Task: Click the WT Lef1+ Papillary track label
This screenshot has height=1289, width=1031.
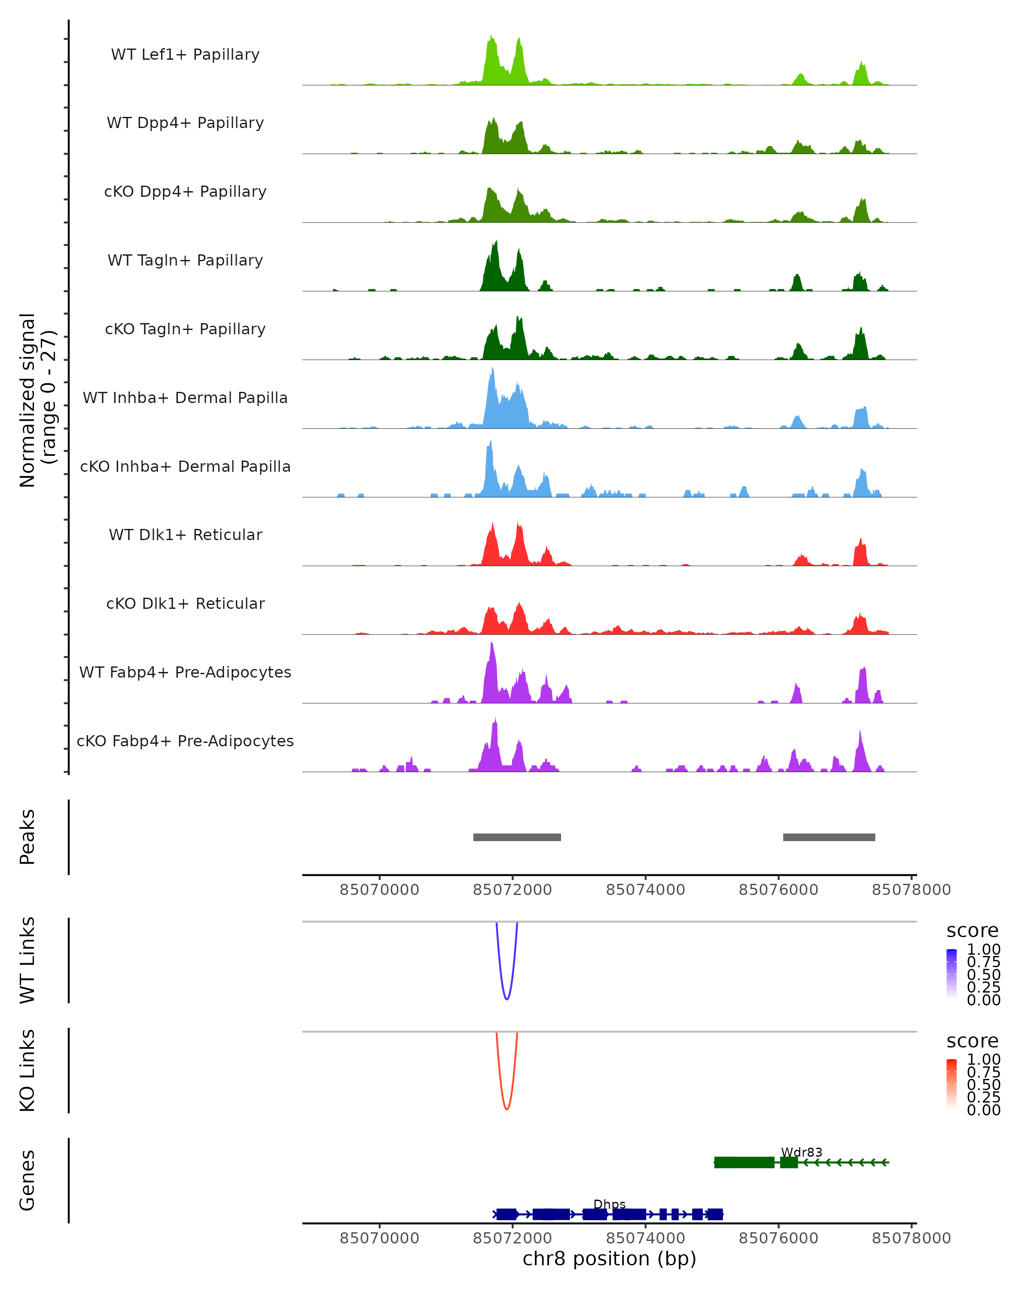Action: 185,55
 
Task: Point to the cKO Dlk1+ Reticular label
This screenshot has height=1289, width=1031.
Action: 185,603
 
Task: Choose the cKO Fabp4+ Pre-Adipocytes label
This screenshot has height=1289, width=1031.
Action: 185,741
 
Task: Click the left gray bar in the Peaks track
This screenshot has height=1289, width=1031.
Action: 517,837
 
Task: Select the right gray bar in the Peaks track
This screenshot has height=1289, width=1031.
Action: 829,837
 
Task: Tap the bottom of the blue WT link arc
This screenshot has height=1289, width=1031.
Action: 507,999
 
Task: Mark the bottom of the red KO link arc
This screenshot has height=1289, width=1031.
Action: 507,1109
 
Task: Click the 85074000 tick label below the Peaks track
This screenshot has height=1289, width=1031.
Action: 646,890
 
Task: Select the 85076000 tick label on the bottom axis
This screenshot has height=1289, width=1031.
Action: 778,1238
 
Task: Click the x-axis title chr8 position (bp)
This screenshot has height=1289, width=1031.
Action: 609,1259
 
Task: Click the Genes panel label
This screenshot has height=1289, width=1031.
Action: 27,1180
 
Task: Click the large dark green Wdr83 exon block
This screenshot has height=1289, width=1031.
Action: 744,1162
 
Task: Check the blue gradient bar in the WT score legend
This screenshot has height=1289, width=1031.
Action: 952,974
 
